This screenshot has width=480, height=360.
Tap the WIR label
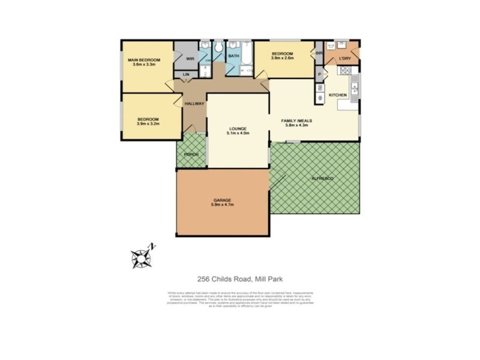point(190,59)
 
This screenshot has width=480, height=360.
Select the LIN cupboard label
point(186,74)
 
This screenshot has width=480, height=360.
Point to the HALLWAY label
point(194,104)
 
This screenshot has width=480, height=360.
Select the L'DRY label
point(344,58)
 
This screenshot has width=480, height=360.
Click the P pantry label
point(320,74)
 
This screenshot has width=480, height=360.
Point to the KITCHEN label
point(337,95)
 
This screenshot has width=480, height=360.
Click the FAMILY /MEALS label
point(295,121)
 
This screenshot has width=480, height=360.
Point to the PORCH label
point(191,155)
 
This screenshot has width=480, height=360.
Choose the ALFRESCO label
point(322,179)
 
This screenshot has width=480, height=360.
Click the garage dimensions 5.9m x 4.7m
point(222,205)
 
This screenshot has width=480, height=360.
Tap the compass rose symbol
point(140,257)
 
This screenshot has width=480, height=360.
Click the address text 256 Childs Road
point(223,278)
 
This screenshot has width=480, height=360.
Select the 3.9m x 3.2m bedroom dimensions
point(148,124)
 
